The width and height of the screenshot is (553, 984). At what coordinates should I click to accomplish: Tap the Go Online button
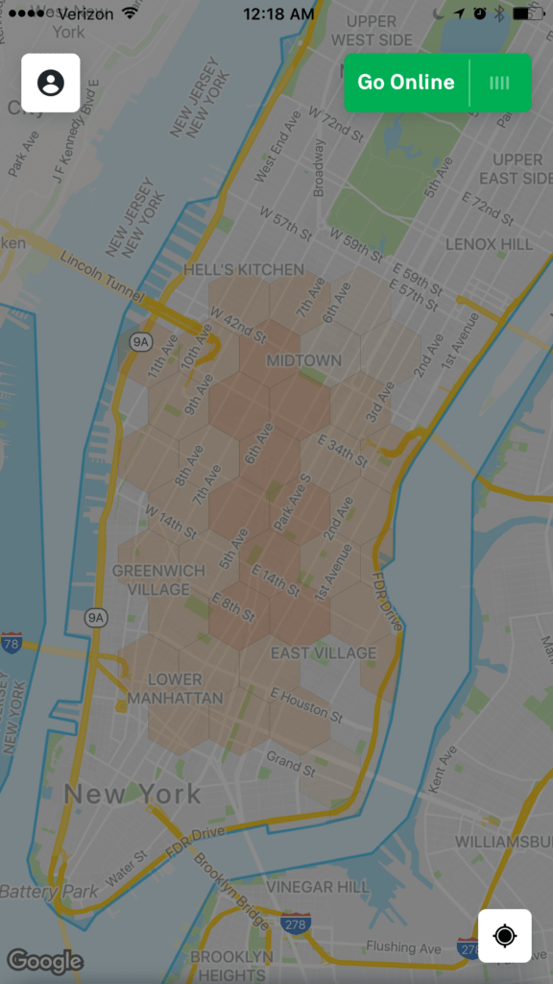(x=406, y=83)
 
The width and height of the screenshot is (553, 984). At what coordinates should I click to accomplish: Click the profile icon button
(x=51, y=83)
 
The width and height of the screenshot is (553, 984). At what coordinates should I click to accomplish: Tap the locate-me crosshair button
(x=505, y=935)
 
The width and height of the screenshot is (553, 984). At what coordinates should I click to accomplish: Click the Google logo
(x=45, y=960)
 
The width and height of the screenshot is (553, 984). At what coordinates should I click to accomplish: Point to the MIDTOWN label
(x=303, y=360)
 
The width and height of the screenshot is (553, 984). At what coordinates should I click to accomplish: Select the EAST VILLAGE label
(x=324, y=653)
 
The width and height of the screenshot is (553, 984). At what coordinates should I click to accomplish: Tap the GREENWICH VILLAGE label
(x=159, y=579)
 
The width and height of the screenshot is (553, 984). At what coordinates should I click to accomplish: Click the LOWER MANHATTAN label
(x=175, y=688)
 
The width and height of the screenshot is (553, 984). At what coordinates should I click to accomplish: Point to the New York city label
(x=132, y=794)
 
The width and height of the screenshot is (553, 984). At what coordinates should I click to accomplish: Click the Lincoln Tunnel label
(x=101, y=272)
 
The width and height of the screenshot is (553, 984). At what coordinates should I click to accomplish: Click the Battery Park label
(x=48, y=892)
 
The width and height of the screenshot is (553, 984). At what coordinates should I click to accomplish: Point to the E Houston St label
(x=306, y=704)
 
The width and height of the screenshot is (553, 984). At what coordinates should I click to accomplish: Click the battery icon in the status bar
(x=527, y=13)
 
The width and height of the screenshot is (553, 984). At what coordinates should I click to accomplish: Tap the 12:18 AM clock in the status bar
(x=278, y=13)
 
